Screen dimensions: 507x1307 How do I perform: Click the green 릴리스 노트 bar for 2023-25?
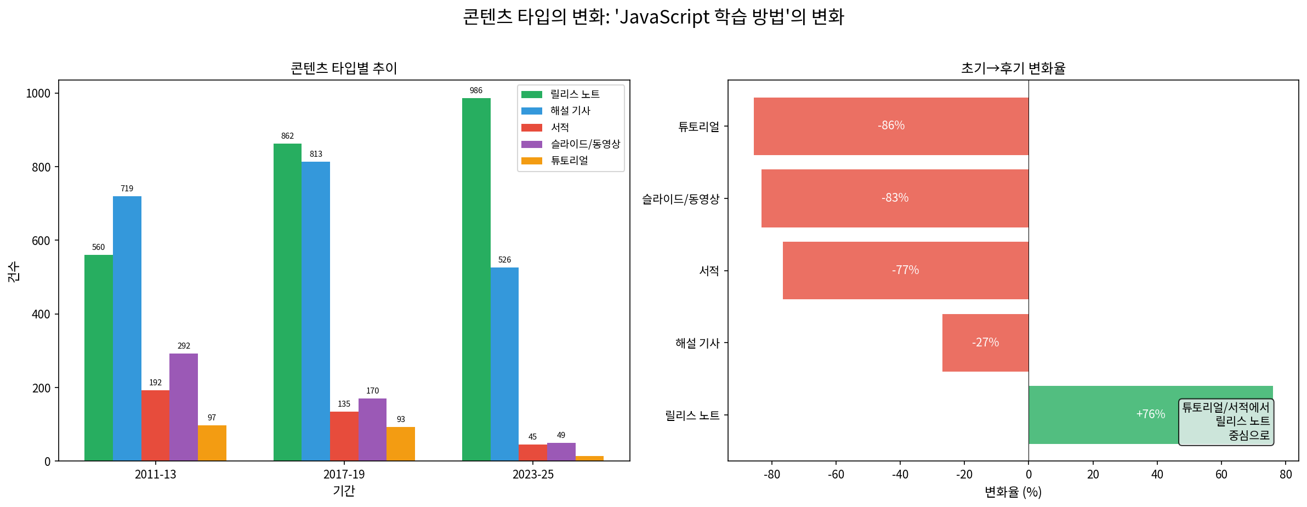pos(476,280)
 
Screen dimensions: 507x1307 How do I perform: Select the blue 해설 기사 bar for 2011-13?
pos(127,328)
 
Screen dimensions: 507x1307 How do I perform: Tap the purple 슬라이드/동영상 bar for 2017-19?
pos(372,430)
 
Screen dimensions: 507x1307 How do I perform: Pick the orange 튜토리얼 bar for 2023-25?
pos(589,458)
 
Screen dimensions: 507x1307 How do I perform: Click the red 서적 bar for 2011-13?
pos(155,425)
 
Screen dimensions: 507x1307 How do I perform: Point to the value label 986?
pos(476,90)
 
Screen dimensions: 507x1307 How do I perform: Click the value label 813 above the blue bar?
pos(316,154)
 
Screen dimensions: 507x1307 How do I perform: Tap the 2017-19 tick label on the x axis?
pos(344,475)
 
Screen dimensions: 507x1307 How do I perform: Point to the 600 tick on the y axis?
pos(41,241)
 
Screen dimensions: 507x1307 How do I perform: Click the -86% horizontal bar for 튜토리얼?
pos(891,126)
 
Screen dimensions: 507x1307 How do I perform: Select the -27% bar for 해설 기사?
pos(985,343)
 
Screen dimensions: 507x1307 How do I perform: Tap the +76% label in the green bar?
pos(1150,414)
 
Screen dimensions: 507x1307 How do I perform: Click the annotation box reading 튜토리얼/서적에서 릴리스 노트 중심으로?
pos(1226,421)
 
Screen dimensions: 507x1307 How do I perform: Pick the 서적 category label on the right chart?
pos(709,271)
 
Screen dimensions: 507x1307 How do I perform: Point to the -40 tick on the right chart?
pos(900,475)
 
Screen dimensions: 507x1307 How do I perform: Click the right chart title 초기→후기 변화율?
pos(1013,68)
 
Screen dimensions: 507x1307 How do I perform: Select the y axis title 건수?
pos(14,271)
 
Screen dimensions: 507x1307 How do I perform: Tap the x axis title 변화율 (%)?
pos(1013,492)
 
